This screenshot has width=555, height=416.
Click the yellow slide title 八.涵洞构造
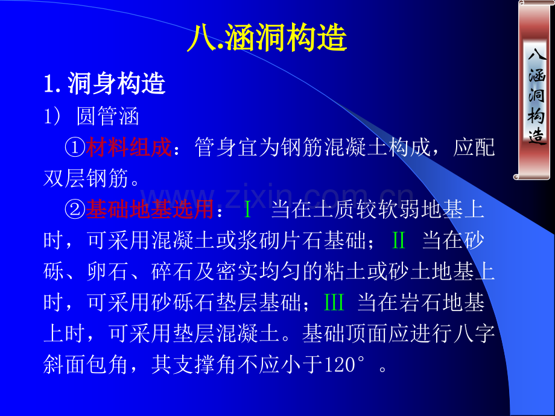[x=267, y=37]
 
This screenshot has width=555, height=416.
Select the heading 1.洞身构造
[x=105, y=83]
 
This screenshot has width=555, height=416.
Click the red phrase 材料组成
[x=129, y=147]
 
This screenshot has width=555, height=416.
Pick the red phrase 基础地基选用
[x=150, y=209]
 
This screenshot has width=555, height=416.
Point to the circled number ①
[x=75, y=147]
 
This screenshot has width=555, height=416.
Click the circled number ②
[x=75, y=209]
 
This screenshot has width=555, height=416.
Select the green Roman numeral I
[x=248, y=209]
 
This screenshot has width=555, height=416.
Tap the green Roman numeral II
[x=399, y=241]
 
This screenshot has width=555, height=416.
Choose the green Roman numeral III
[x=334, y=303]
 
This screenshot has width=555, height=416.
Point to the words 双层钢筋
[x=86, y=178]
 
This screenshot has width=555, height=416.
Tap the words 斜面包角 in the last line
[x=86, y=365]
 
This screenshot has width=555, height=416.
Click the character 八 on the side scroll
[x=537, y=54]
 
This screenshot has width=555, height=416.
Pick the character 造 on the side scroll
[x=537, y=136]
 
